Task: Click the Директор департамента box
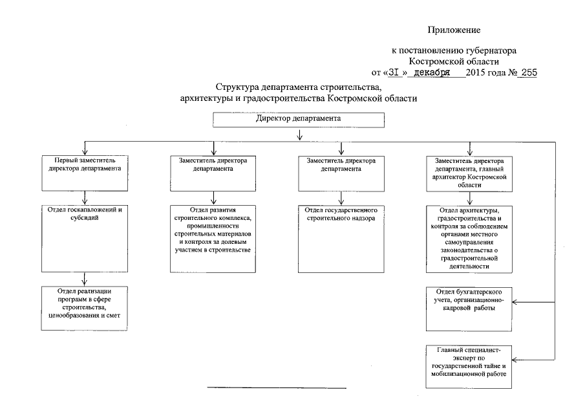(298, 120)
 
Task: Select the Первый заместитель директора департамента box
(85, 172)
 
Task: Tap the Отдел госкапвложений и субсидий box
(85, 237)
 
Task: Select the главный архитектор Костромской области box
(469, 172)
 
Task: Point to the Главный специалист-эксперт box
(469, 365)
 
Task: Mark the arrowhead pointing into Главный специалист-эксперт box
(515, 360)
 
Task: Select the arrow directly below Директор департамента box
(299, 135)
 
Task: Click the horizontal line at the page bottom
(276, 388)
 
